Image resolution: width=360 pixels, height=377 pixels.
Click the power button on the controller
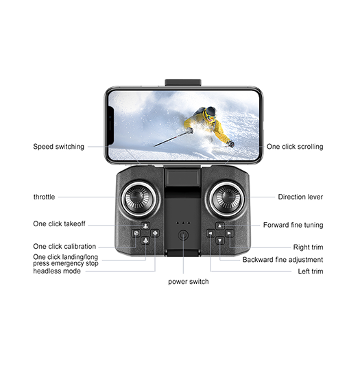pyautogui.click(x=183, y=235)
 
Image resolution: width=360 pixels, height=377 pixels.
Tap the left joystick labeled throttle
pyautogui.click(x=139, y=198)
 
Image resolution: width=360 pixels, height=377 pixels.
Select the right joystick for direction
pyautogui.click(x=227, y=198)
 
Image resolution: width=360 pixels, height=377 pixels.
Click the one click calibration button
pyautogui.click(x=136, y=233)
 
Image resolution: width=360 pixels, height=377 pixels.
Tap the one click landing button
pyautogui.click(x=145, y=240)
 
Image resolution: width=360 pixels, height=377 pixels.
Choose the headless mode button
pyautogui.click(x=155, y=233)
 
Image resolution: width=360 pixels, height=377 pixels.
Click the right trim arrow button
pyautogui.click(x=229, y=233)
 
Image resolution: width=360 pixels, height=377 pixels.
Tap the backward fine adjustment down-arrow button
pyautogui.click(x=220, y=240)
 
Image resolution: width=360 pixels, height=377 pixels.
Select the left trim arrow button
pyautogui.click(x=211, y=233)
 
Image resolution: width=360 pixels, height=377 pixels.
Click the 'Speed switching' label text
pyautogui.click(x=59, y=147)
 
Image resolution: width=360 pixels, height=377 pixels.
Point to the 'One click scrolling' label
pyautogui.click(x=295, y=147)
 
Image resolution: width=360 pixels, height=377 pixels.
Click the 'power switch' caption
pyautogui.click(x=189, y=282)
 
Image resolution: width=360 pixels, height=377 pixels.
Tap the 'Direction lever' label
pyautogui.click(x=300, y=197)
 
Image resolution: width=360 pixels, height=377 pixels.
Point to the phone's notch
pyautogui.click(x=110, y=125)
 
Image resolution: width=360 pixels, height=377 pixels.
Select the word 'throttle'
pyautogui.click(x=45, y=197)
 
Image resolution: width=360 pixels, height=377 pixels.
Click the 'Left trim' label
pyautogui.click(x=311, y=271)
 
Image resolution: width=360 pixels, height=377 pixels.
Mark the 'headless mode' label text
pyautogui.click(x=57, y=271)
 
